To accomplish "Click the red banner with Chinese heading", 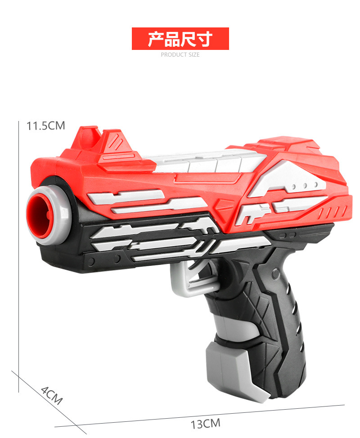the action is [180, 39].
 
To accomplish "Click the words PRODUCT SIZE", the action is [180, 55].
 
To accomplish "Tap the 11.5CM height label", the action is [46, 126].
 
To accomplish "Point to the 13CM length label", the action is [206, 424].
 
